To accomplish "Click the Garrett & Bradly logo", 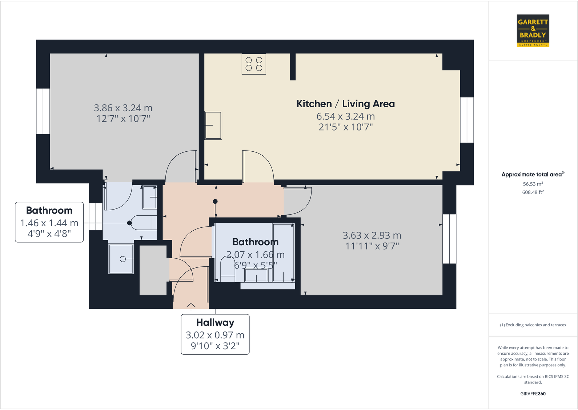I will [x=533, y=31].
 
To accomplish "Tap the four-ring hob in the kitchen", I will [x=254, y=64].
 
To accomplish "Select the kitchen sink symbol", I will [x=213, y=125].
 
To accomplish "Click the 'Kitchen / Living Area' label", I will [x=345, y=104].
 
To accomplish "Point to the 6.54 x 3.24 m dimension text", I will [x=345, y=116].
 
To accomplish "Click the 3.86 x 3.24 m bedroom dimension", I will [x=123, y=108].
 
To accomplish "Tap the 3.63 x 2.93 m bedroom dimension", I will [x=372, y=235].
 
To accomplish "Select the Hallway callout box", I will [x=215, y=334].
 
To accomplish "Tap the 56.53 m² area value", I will [x=533, y=184].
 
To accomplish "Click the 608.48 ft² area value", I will [x=533, y=192].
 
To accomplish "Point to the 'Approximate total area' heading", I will [x=533, y=174].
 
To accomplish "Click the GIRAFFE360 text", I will [x=533, y=394].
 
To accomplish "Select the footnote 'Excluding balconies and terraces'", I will [x=533, y=325].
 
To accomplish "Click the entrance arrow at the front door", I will [x=191, y=306].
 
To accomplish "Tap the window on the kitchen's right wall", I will [x=467, y=120].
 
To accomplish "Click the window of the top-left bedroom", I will [x=43, y=111].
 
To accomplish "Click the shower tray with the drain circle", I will [x=121, y=259].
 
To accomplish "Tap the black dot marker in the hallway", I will [x=215, y=201].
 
